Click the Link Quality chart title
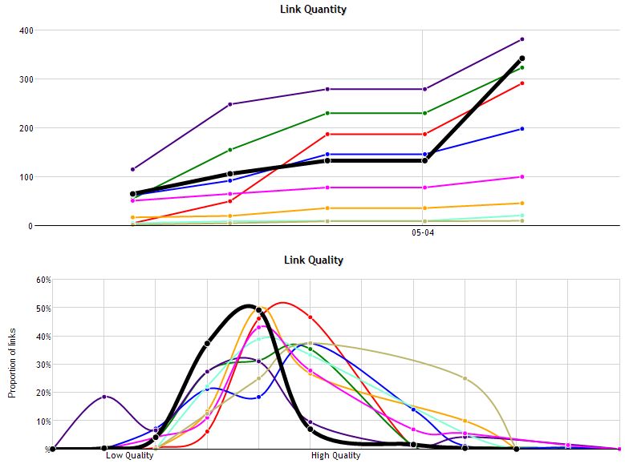pyautogui.click(x=313, y=260)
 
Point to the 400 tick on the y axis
pyautogui.click(x=26, y=30)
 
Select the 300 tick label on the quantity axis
pyautogui.click(x=26, y=79)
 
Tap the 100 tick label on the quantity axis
pyautogui.click(x=26, y=177)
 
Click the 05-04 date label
pyautogui.click(x=424, y=234)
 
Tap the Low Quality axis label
pyautogui.click(x=129, y=456)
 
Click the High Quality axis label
pyautogui.click(x=335, y=456)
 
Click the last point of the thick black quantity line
pyautogui.click(x=522, y=58)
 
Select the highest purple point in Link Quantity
pyautogui.click(x=522, y=39)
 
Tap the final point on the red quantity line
pyautogui.click(x=522, y=83)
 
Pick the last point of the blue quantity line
pyautogui.click(x=522, y=128)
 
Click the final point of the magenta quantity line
pyautogui.click(x=522, y=177)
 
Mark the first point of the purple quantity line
pyautogui.click(x=132, y=169)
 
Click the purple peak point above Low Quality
pyautogui.click(x=104, y=397)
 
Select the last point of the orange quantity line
pyautogui.click(x=522, y=204)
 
